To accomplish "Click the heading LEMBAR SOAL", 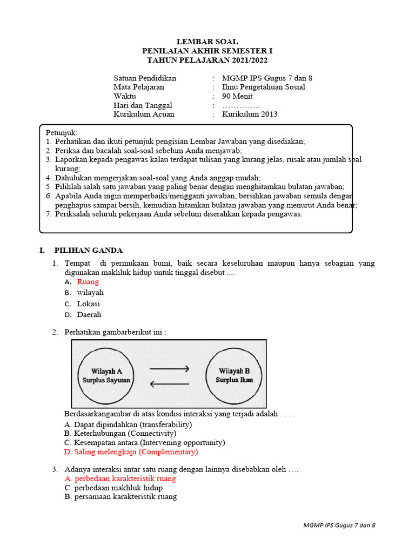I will [207, 42].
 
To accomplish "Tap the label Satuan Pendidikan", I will [144, 78].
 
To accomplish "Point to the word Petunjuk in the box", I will [61, 132].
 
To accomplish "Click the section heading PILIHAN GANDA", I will [88, 250].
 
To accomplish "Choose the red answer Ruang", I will [88, 281].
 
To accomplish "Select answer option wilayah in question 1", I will [90, 293].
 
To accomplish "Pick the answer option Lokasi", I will [88, 304].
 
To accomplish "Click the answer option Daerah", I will [89, 314].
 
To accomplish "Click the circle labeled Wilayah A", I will [106, 376].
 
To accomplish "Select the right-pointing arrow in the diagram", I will [169, 369].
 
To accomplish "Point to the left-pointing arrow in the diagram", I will [169, 385].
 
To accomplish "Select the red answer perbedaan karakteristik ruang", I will [125, 478].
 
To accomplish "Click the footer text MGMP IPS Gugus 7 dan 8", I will [339, 525].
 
